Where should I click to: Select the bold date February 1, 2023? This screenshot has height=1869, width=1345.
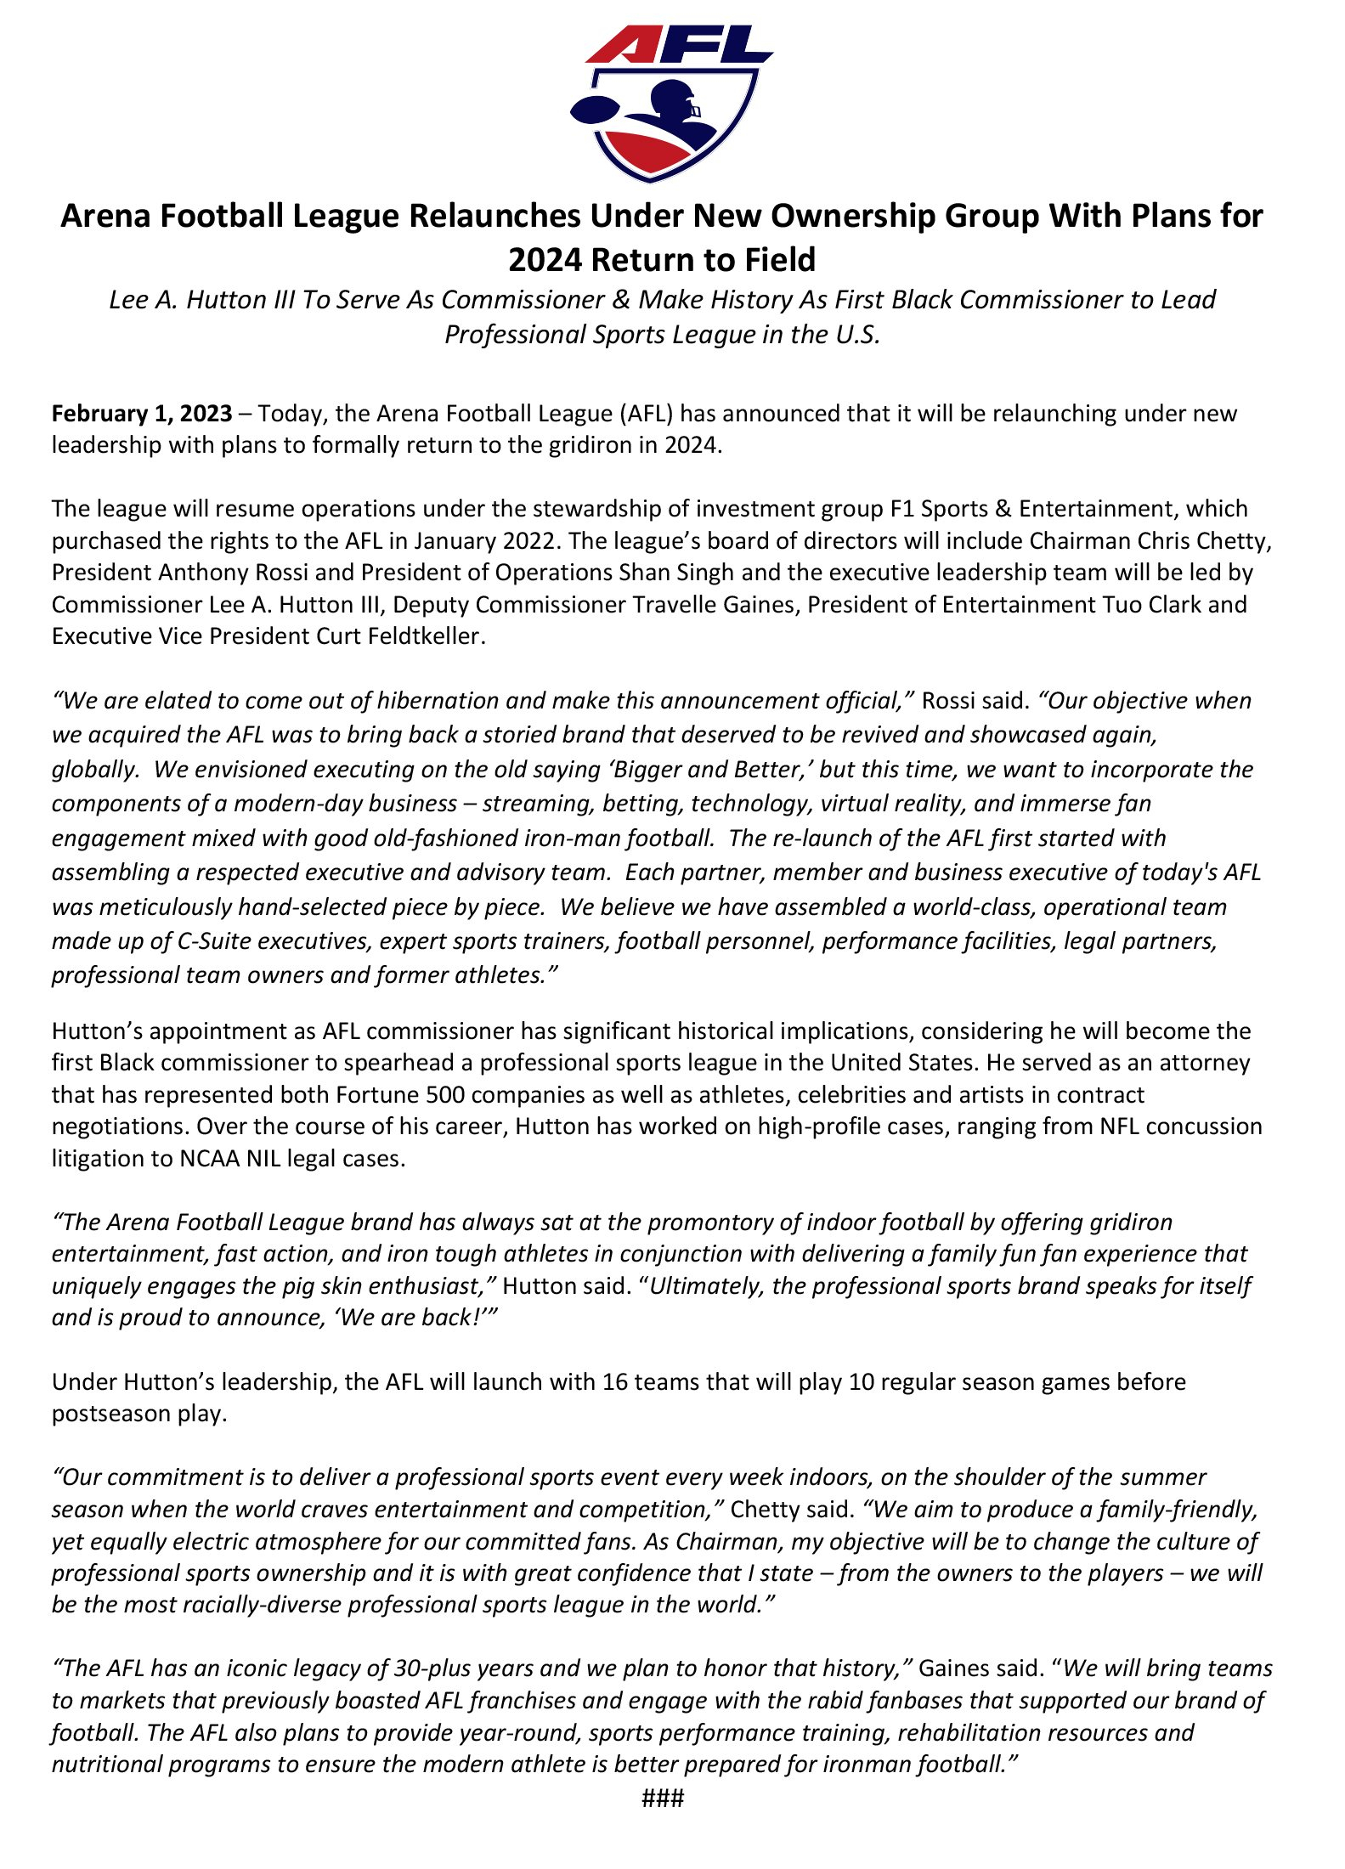142,414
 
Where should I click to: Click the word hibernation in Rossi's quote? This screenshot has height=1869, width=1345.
437,701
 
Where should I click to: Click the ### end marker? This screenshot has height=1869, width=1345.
663,1798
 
